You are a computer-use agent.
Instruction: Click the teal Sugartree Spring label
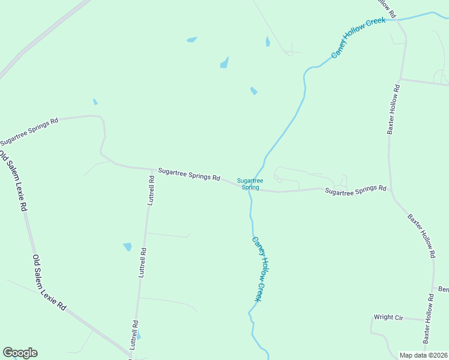click(250, 184)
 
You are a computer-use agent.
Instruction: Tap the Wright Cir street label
click(388, 317)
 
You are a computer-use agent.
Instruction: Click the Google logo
click(20, 353)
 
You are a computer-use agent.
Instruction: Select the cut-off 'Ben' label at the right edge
click(444, 290)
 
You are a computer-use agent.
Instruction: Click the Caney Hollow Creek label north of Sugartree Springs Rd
click(358, 37)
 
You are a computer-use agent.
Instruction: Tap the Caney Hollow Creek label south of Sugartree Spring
click(258, 268)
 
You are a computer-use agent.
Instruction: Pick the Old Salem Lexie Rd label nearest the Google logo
click(49, 283)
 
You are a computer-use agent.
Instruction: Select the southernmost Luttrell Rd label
click(134, 335)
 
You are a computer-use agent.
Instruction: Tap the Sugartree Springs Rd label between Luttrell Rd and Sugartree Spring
click(189, 175)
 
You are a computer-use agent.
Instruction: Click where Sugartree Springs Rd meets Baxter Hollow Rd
click(390, 190)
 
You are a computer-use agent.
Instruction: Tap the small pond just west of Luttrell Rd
click(127, 247)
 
